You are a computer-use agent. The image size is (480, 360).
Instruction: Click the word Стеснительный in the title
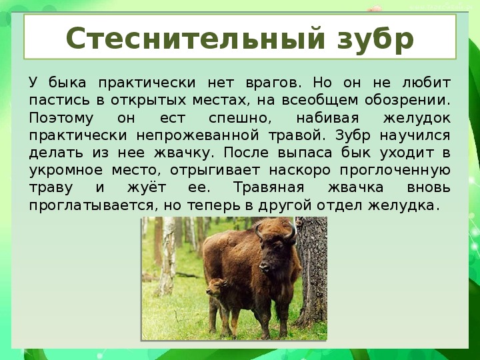pyautogui.click(x=195, y=38)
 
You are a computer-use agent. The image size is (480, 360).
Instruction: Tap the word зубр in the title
pyautogui.click(x=375, y=41)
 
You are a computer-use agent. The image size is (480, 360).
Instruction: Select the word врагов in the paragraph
pyautogui.click(x=271, y=83)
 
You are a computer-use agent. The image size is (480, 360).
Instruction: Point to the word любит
pyautogui.click(x=426, y=83)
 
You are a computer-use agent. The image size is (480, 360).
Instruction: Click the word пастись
pyautogui.click(x=59, y=101)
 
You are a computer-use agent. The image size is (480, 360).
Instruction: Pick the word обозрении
pyautogui.click(x=407, y=101)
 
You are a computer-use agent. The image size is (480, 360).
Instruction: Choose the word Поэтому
pyautogui.click(x=61, y=119)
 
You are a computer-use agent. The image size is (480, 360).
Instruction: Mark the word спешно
pyautogui.click(x=240, y=119)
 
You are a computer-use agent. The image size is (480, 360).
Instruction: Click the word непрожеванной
pyautogui.click(x=198, y=135)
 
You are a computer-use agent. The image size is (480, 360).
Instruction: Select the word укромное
pyautogui.click(x=66, y=171)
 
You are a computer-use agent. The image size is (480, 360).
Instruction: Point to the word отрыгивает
pyautogui.click(x=215, y=171)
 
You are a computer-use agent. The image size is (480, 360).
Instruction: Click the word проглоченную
pyautogui.click(x=395, y=171)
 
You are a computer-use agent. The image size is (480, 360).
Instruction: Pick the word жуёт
pyautogui.click(x=147, y=187)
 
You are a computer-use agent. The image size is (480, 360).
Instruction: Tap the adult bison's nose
pyautogui.click(x=265, y=267)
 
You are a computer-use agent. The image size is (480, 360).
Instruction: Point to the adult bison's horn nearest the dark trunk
pyautogui.click(x=291, y=231)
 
